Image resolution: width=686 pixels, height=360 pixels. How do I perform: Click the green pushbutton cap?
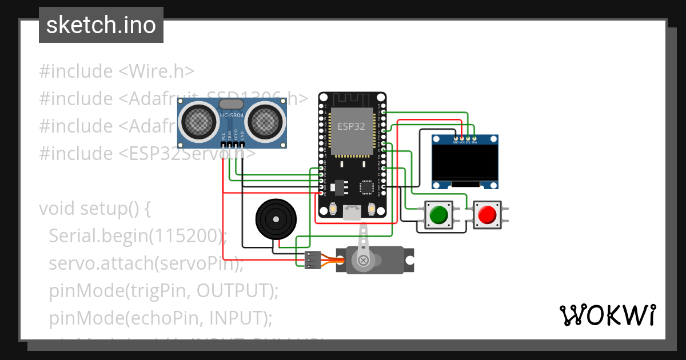pos(438,215)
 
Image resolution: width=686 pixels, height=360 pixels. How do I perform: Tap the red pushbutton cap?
pos(487,215)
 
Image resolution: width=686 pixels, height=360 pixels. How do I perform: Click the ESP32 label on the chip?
pos(351,126)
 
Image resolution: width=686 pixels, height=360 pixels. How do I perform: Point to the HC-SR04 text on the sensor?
pos(232,117)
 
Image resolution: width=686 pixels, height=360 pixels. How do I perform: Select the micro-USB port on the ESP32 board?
pos(351,213)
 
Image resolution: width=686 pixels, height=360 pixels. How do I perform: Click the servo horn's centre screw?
pos(363,261)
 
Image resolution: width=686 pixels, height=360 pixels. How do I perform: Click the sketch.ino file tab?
pos(101,25)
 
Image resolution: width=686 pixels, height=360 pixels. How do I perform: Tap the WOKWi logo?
pos(607,315)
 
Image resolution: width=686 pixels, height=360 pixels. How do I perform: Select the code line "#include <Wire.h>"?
pos(117,71)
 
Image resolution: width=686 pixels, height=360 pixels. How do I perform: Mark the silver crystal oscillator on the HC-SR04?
pos(232,103)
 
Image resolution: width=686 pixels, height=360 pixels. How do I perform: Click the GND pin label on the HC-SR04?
pos(242,136)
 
